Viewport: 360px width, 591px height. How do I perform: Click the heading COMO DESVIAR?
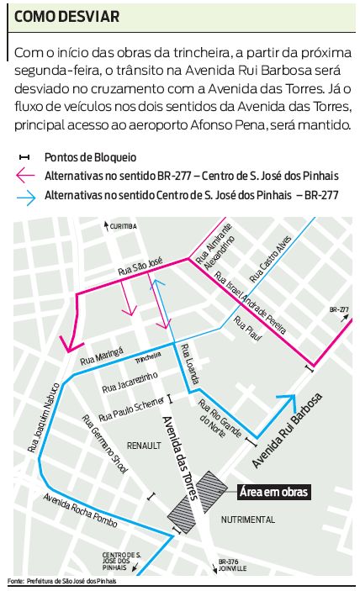point(66,17)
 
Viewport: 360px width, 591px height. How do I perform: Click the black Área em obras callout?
point(273,493)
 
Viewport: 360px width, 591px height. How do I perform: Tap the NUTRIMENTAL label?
point(247,520)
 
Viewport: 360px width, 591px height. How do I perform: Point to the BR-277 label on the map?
point(339,309)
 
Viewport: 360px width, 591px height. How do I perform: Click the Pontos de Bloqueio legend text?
point(91,157)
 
